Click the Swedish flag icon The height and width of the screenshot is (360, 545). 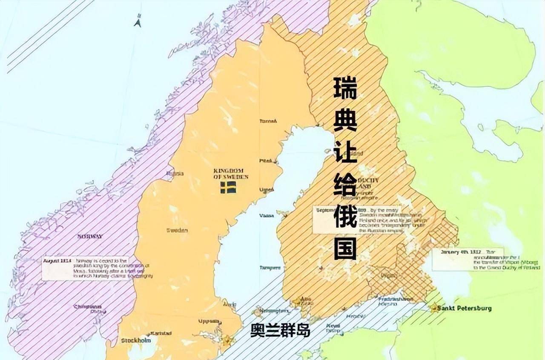pyautogui.click(x=228, y=187)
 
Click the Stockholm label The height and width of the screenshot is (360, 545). pyautogui.click(x=136, y=340)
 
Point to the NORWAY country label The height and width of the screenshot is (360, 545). pyautogui.click(x=89, y=237)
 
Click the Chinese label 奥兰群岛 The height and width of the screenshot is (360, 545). pyautogui.click(x=280, y=331)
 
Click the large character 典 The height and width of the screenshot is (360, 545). pyautogui.click(x=345, y=121)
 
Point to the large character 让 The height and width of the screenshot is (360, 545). pyautogui.click(x=345, y=153)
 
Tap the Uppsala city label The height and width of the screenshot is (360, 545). pyautogui.click(x=209, y=321)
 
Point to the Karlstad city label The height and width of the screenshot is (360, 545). pyautogui.click(x=161, y=333)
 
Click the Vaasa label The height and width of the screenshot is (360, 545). pyautogui.click(x=267, y=216)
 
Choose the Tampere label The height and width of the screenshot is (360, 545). pyautogui.click(x=270, y=268)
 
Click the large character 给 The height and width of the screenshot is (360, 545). pyautogui.click(x=345, y=185)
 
